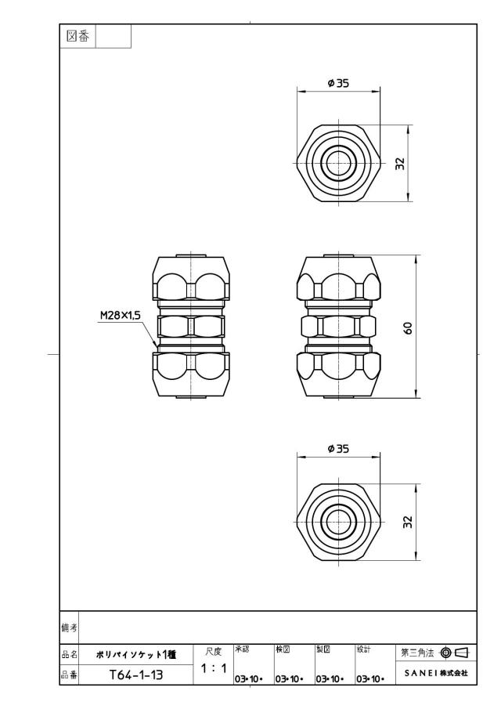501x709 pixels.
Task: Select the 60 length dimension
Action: (408, 327)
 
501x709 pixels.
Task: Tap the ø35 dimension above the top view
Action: (338, 83)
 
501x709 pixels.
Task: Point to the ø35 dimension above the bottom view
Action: (338, 449)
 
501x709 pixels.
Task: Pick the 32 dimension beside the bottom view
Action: (408, 522)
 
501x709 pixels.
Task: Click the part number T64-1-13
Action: (136, 675)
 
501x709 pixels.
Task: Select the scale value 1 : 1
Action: (214, 668)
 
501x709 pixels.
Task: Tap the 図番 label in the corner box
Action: (77, 36)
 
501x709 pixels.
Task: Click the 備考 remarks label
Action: (69, 628)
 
